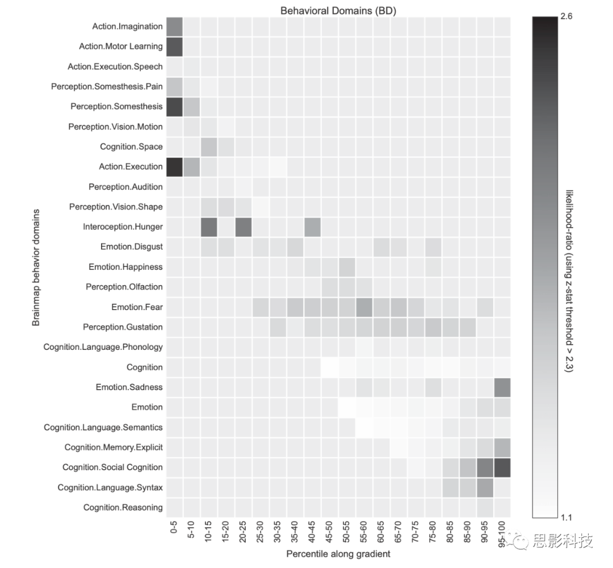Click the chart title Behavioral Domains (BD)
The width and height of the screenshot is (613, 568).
click(338, 11)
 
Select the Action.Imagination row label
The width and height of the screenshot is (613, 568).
click(127, 26)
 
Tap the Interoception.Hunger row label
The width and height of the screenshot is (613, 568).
click(123, 227)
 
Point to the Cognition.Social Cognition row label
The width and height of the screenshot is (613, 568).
click(112, 467)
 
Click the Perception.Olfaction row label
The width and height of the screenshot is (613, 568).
click(124, 287)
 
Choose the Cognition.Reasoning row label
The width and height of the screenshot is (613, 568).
click(123, 507)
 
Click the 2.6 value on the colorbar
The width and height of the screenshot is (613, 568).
click(566, 17)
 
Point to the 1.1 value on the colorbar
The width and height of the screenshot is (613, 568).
click(566, 517)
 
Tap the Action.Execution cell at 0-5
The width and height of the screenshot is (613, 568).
click(174, 166)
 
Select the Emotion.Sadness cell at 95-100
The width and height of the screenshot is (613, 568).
click(502, 387)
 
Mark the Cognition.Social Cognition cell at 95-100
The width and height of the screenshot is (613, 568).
click(502, 467)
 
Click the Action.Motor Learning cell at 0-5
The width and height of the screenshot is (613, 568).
click(174, 46)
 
